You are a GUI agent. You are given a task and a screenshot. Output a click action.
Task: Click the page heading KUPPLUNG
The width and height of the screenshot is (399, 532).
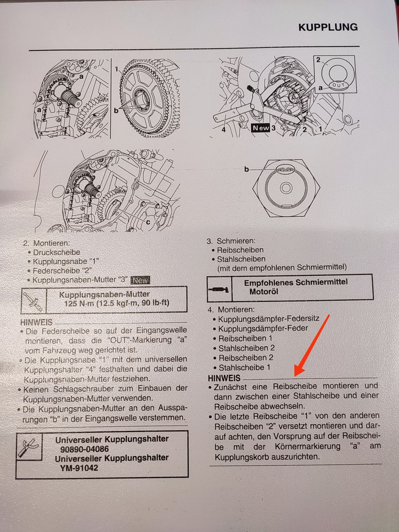point(328,27)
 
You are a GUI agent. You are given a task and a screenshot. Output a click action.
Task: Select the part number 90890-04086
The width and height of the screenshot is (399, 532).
point(84,449)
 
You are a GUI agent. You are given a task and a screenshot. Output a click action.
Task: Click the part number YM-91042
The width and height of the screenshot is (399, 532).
point(79,468)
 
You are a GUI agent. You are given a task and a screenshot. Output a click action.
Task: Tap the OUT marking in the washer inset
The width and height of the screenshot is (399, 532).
point(338,85)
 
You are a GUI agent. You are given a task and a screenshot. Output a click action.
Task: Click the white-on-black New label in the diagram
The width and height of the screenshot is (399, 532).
point(260,128)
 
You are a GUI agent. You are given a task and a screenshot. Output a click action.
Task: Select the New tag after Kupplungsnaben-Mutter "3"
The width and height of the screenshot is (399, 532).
point(140,281)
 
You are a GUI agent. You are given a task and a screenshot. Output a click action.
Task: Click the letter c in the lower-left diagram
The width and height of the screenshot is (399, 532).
point(148,222)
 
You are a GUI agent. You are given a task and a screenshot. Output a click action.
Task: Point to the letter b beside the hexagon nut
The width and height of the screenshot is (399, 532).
point(246,169)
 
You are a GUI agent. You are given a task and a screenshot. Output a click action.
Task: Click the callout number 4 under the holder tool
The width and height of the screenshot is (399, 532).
point(223,130)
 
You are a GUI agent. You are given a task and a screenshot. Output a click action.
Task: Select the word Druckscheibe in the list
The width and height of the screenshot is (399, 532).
point(57,252)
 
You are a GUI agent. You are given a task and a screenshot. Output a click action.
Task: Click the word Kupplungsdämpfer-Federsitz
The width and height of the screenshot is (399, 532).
point(269,318)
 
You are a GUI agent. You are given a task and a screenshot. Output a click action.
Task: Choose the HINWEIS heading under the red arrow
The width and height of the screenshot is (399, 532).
point(224,378)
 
